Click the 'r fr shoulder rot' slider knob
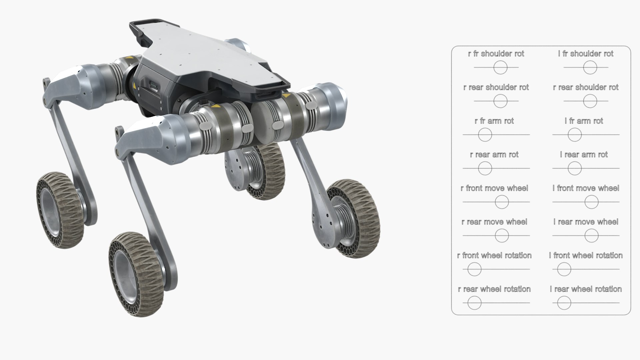point(500,68)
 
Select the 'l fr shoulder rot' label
point(586,54)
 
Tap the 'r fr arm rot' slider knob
point(485,135)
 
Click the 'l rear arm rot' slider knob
point(575,168)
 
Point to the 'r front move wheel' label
point(494,188)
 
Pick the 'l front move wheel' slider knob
point(591,202)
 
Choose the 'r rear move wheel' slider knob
point(502,236)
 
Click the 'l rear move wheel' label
point(586,222)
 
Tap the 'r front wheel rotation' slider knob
point(474,269)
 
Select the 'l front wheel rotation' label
point(586,256)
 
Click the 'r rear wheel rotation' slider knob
point(474,303)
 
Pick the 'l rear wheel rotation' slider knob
point(564,303)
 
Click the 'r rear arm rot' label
point(494,155)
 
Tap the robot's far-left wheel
point(58,210)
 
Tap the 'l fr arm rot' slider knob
point(575,135)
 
